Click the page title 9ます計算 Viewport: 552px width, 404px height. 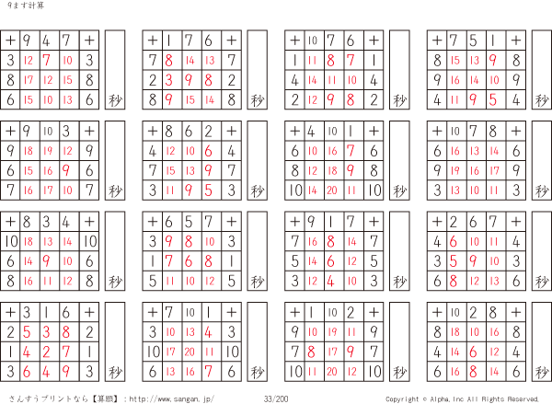coord(26,6)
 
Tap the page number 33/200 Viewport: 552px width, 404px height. coord(276,398)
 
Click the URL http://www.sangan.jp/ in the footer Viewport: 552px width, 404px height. coord(171,398)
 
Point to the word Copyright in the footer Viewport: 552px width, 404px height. coord(402,399)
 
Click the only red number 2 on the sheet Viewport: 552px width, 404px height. coord(47,352)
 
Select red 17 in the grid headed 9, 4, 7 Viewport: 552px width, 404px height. coord(29,80)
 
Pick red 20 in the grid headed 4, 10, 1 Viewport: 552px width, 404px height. coord(331,190)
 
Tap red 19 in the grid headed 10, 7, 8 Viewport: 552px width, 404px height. coord(454,171)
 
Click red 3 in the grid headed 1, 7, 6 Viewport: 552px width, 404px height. coord(169,80)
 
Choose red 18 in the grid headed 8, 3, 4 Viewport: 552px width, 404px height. coord(29,241)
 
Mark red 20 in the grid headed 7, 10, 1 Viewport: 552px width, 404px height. coord(190,352)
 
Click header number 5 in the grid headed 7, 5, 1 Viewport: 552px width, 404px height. coord(473,40)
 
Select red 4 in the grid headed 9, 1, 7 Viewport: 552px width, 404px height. coord(330,281)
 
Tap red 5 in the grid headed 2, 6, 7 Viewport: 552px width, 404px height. coord(454,261)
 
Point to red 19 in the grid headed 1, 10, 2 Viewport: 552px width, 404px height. coord(331,332)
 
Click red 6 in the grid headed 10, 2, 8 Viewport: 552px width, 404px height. coord(473,352)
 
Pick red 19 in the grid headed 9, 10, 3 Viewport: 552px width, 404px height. coord(48,151)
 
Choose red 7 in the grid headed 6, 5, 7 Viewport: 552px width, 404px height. coord(169,261)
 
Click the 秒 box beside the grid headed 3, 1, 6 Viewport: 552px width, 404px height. coord(115,341)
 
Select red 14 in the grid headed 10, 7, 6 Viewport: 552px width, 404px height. coord(313,80)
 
